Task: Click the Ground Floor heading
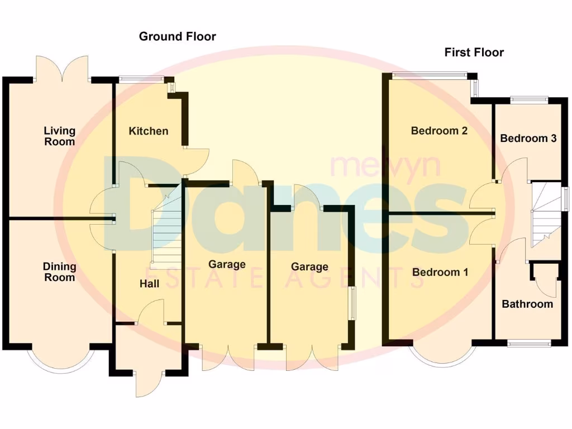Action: click(x=177, y=37)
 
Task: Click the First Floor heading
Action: click(x=474, y=53)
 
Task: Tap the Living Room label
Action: click(x=60, y=136)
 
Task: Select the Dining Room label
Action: click(x=60, y=272)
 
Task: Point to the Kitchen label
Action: click(x=148, y=131)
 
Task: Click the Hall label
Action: click(x=149, y=284)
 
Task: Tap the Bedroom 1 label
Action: click(x=440, y=272)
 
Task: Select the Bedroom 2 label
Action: click(x=439, y=131)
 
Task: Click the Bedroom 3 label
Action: click(x=528, y=138)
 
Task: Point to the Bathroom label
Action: click(x=527, y=304)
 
